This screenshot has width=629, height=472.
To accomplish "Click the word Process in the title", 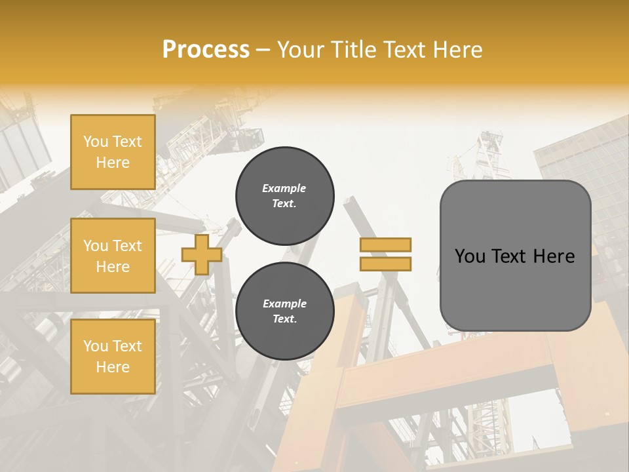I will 206,50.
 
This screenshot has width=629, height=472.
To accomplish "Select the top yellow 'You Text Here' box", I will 113,152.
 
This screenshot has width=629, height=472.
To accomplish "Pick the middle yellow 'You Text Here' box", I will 113,256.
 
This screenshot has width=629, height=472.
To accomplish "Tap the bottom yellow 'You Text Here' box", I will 113,357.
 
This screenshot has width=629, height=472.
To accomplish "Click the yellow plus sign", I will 201,254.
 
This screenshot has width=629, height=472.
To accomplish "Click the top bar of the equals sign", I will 385,245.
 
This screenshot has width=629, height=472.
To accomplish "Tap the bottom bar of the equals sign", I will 385,264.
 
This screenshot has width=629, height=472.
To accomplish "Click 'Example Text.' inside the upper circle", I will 284,195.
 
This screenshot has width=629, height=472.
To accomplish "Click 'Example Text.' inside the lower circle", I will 284,311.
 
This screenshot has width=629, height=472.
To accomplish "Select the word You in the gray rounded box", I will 470,256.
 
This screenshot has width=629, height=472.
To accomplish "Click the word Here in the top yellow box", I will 113,163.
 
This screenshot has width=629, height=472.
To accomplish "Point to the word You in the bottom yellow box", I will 95,346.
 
